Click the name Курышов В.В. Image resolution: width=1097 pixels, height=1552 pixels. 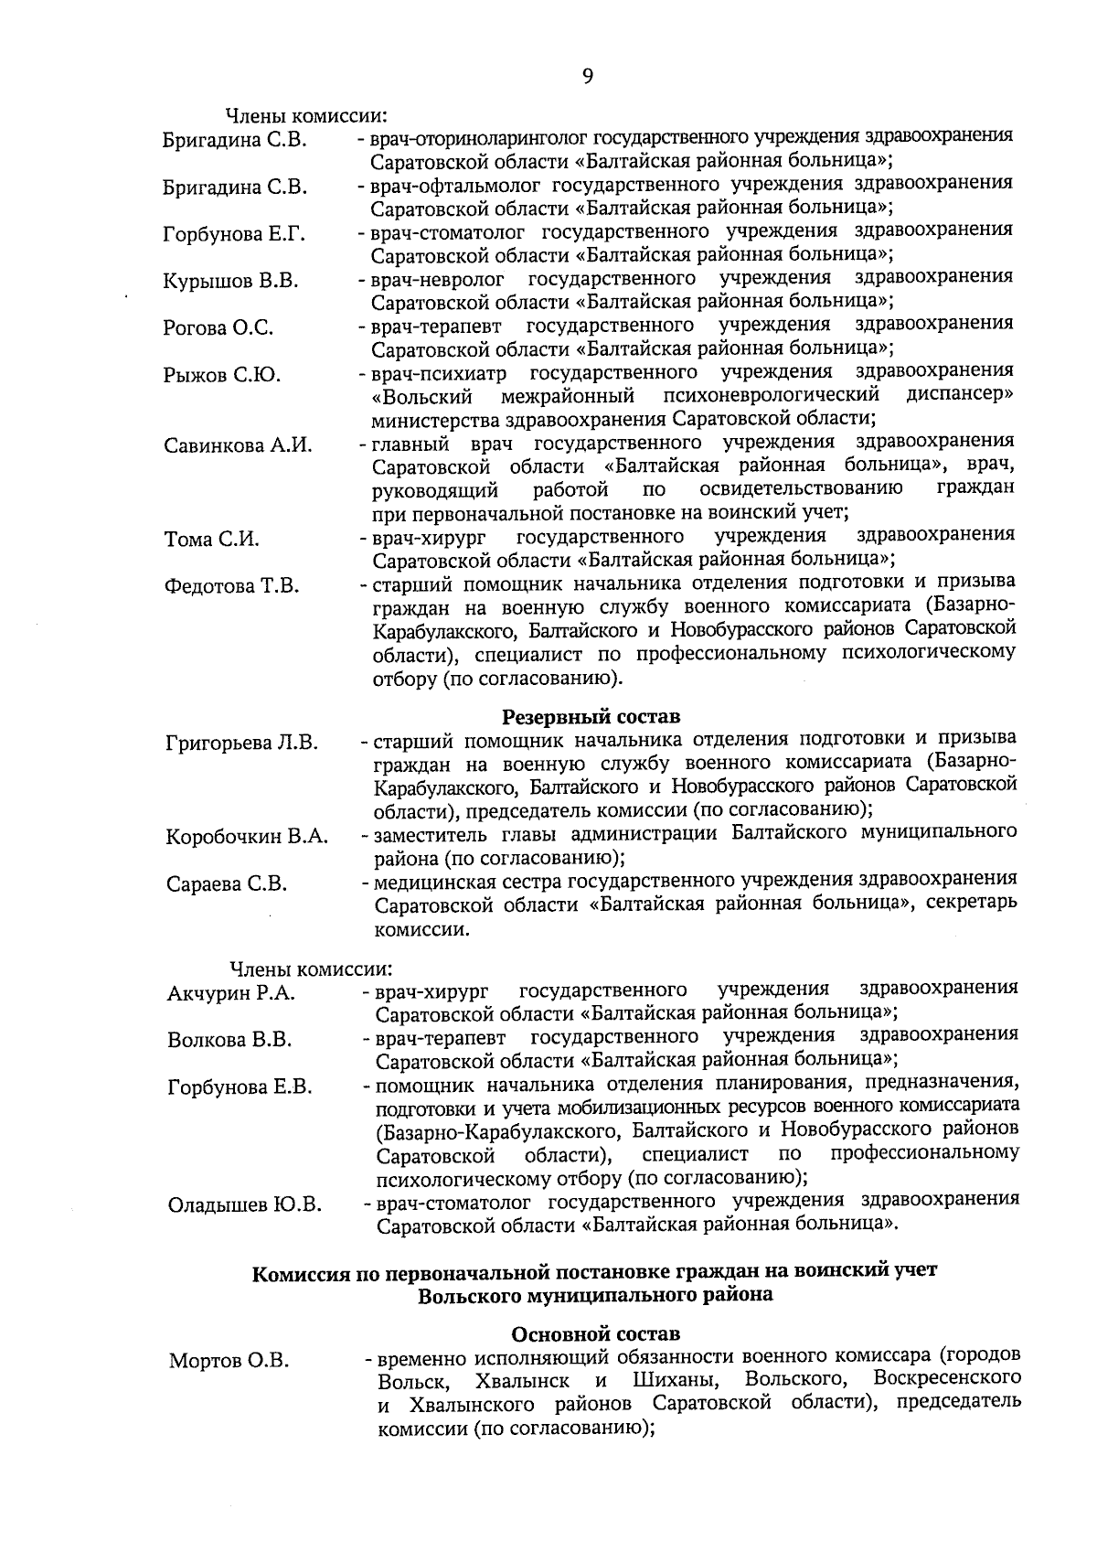[x=230, y=282]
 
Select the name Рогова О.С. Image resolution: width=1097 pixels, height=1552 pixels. [x=218, y=328]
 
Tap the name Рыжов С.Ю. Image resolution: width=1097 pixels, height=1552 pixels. [x=221, y=376]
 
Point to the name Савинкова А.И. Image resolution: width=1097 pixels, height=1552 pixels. [x=238, y=446]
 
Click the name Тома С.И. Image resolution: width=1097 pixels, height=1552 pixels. [x=211, y=541]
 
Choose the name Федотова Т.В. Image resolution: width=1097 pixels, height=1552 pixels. [x=231, y=587]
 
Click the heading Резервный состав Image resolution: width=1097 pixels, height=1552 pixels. [x=591, y=716]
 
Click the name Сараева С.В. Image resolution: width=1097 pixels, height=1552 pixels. [x=227, y=884]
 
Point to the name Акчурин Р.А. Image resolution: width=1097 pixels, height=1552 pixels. [x=231, y=994]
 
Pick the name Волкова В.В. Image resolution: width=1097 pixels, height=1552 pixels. [x=229, y=1041]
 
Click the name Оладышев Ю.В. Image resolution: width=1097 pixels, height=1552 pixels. [x=244, y=1205]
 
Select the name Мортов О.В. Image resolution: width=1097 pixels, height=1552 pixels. [x=229, y=1362]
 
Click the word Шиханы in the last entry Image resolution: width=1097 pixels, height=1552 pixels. [x=676, y=1379]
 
